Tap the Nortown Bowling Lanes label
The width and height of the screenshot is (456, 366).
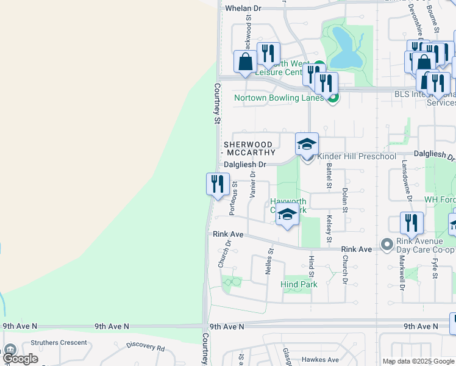(279, 98)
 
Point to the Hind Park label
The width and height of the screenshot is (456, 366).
(299, 284)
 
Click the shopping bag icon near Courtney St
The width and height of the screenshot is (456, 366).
(245, 63)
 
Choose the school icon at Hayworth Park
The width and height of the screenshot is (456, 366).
(287, 215)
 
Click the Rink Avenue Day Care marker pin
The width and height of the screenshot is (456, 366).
(386, 245)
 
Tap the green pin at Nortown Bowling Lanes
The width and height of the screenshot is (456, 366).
(332, 98)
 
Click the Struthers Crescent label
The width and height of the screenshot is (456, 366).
(59, 343)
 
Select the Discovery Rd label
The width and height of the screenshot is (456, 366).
(146, 346)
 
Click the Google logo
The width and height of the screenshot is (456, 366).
(20, 359)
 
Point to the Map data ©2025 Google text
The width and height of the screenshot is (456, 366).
(418, 361)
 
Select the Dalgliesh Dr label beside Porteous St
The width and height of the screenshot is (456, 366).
(245, 165)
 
